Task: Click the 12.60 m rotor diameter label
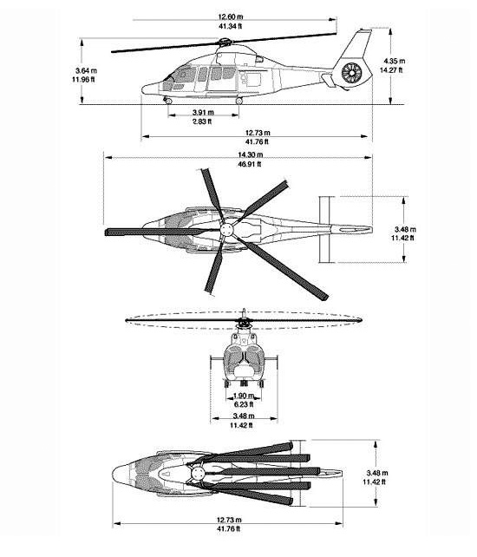point(231,16)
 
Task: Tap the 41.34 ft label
point(230,26)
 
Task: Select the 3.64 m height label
point(86,70)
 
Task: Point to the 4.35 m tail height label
point(394,61)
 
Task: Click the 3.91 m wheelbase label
point(203,113)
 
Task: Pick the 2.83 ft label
point(202,121)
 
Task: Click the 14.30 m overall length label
point(251,155)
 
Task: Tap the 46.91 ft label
point(250,164)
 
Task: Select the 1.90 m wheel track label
point(244,396)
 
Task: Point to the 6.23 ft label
point(244,404)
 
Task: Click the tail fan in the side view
point(351,73)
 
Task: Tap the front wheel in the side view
point(168,101)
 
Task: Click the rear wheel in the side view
point(239,101)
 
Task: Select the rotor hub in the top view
point(227,230)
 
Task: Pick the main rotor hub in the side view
point(224,43)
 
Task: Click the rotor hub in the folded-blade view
point(196,473)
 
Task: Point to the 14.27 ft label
point(391,70)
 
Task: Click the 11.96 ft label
point(83,80)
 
